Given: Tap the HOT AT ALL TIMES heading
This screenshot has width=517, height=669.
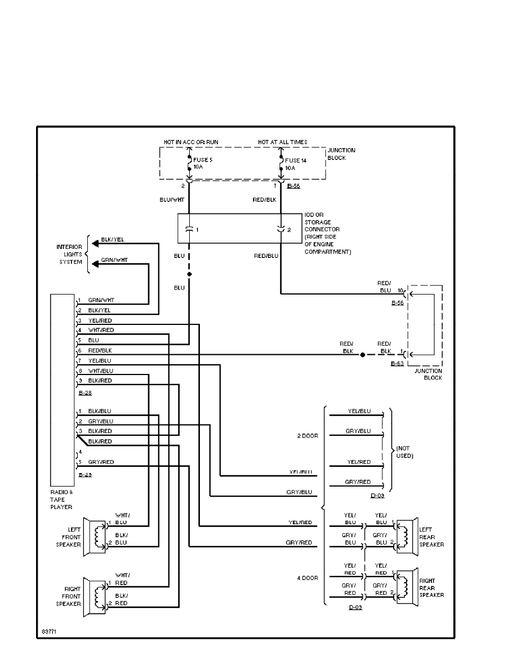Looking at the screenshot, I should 282,142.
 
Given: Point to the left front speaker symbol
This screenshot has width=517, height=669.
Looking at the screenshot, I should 96,537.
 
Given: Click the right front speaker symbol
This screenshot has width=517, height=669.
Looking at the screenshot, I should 96,596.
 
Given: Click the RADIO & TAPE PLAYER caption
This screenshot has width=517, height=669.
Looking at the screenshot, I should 61,499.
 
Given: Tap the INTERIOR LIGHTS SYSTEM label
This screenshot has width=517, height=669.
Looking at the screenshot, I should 69,255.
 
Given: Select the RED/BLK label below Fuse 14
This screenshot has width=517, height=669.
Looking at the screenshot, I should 265,200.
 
